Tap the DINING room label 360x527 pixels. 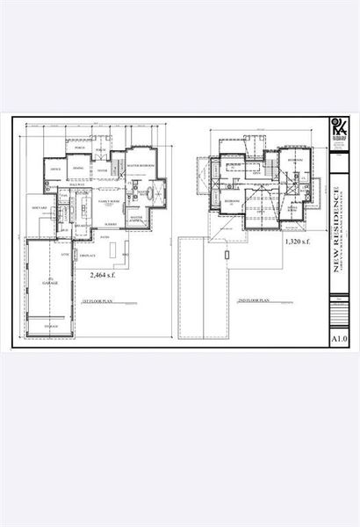(79, 168)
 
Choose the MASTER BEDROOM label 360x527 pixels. (141, 164)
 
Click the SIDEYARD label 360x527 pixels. (39, 208)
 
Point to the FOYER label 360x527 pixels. (102, 171)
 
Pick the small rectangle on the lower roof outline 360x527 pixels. (227, 255)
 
